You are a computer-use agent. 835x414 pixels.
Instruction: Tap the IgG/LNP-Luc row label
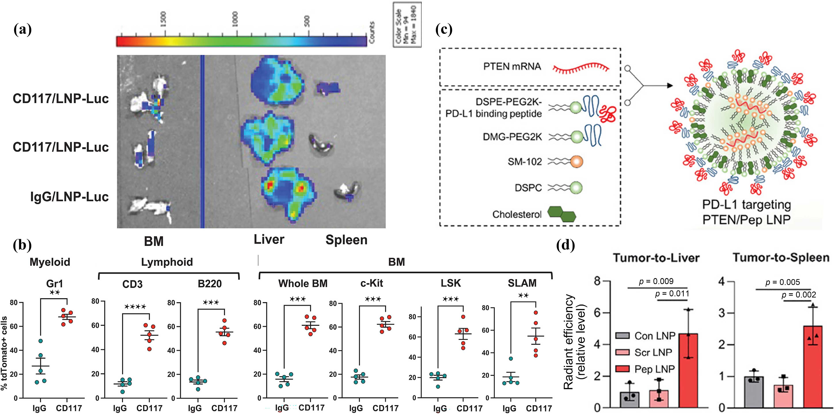pos(69,197)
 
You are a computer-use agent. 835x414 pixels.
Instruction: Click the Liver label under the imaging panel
pos(269,239)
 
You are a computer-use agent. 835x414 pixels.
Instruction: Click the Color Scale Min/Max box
pos(407,25)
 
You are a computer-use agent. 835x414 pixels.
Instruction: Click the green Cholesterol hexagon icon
pos(562,215)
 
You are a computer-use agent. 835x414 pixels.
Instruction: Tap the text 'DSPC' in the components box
pos(528,188)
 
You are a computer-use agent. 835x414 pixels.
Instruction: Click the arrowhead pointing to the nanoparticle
pos(668,86)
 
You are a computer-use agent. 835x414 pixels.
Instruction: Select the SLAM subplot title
pos(522,283)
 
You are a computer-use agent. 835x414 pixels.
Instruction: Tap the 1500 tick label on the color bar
pos(163,19)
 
